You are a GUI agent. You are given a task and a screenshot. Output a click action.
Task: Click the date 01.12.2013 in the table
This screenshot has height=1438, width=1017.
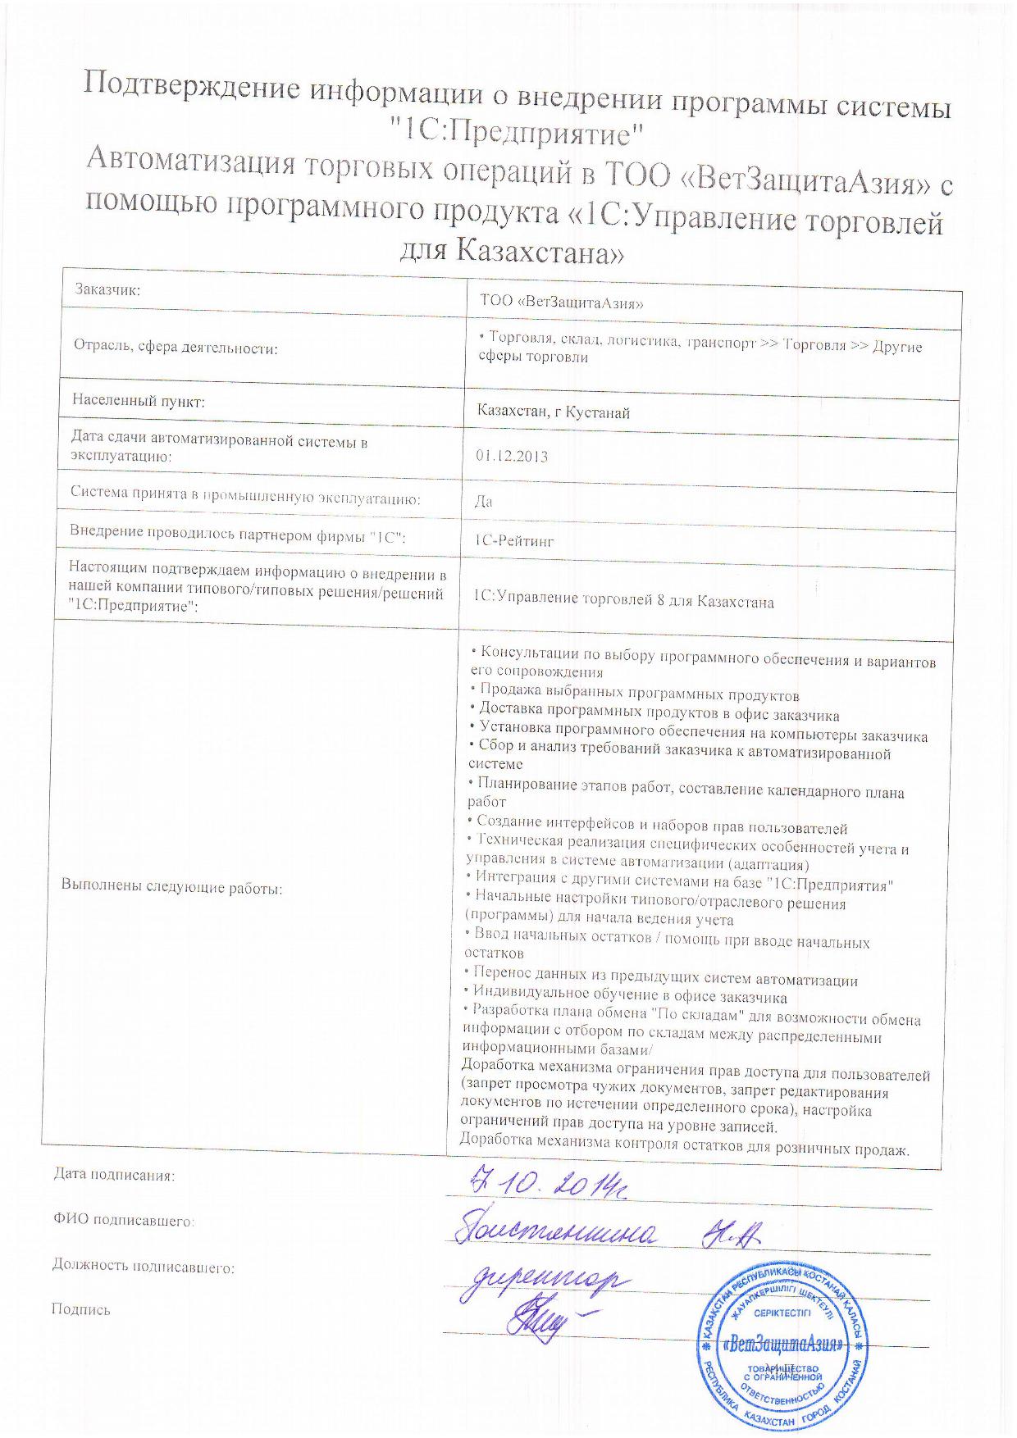512,456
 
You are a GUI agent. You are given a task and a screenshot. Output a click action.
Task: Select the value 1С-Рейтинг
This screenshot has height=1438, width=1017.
514,541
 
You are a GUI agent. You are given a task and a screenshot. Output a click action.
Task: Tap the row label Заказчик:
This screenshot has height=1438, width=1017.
107,289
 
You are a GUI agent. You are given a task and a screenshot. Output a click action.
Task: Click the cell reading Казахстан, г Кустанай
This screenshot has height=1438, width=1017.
554,412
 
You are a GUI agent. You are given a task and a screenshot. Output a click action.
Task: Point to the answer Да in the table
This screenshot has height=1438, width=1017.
483,501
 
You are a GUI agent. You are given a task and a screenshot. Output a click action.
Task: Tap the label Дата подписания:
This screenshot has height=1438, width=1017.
114,1175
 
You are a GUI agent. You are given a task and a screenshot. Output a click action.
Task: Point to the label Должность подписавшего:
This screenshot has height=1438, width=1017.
144,1267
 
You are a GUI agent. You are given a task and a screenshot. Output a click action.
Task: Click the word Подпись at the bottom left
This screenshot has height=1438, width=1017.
80,1309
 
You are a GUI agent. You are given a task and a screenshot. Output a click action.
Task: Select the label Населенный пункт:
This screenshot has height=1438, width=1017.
138,401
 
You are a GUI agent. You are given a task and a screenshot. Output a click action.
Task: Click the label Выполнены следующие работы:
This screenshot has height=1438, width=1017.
171,886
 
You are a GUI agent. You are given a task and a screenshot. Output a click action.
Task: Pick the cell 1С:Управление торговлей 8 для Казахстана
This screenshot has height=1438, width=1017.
623,602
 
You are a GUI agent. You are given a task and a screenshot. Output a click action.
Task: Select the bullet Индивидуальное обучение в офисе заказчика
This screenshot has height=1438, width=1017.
629,997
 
